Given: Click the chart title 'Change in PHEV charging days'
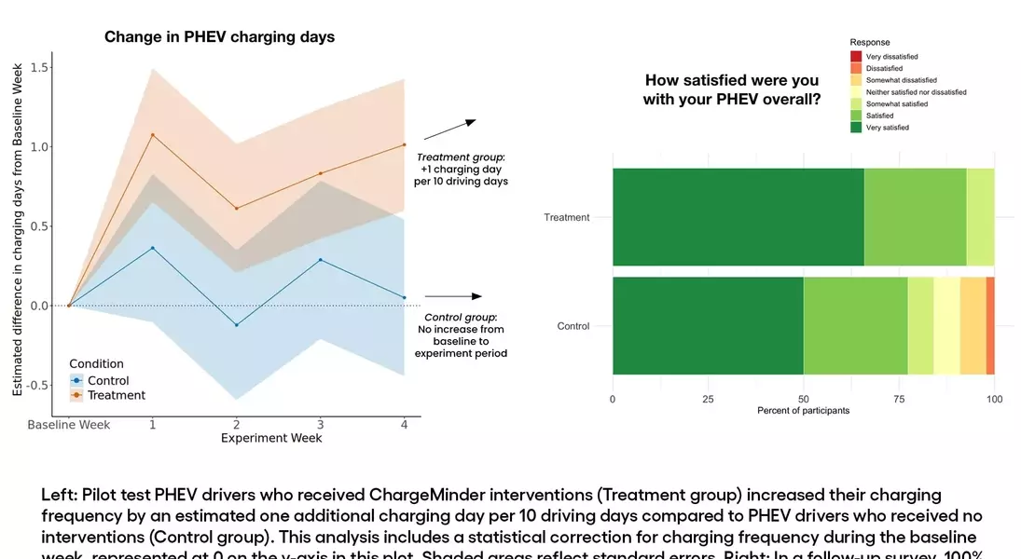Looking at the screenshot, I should pos(219,37).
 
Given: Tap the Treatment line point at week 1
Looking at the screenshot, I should pos(153,135).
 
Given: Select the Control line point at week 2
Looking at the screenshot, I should pos(237,325).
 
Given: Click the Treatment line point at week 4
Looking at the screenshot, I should pos(404,144).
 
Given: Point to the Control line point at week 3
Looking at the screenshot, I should pos(321,260).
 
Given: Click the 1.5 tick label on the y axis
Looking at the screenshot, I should pos(39,68).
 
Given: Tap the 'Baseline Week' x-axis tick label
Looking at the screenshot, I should pos(69,425).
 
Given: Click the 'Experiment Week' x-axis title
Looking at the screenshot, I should pos(271,438).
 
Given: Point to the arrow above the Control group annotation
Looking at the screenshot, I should pos(464,294).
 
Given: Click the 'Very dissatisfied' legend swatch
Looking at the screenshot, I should pos(857,57).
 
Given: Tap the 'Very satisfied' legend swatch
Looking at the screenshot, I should pos(857,128).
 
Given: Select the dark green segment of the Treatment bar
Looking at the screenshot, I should pos(738,217).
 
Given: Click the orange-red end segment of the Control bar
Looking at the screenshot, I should pos(990,326).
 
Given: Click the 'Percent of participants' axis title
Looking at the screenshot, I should pos(803,411).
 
